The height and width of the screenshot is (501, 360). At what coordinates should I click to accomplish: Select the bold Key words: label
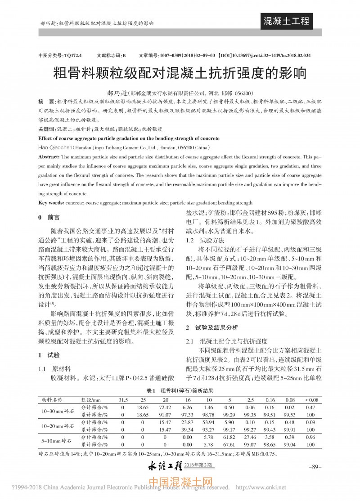[51, 203]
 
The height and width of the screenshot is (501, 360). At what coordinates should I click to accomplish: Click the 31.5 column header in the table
[123, 399]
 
